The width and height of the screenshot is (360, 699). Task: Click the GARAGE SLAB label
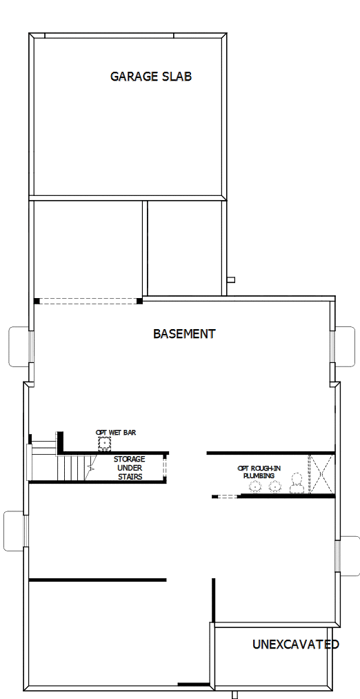point(150,77)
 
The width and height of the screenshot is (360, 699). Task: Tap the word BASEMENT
point(184,334)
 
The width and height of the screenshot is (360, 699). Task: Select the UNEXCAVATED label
point(295,645)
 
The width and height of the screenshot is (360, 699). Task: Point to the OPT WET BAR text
point(116,433)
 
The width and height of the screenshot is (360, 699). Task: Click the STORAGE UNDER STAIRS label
point(129,468)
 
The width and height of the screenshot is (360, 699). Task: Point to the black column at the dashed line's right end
point(139,301)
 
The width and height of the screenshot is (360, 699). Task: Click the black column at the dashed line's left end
point(37,301)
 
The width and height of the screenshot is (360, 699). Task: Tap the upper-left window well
point(19,344)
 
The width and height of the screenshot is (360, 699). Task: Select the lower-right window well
point(348,554)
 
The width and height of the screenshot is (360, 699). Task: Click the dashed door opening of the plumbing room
point(225,496)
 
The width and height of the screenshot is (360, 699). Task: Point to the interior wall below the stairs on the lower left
point(97,580)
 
